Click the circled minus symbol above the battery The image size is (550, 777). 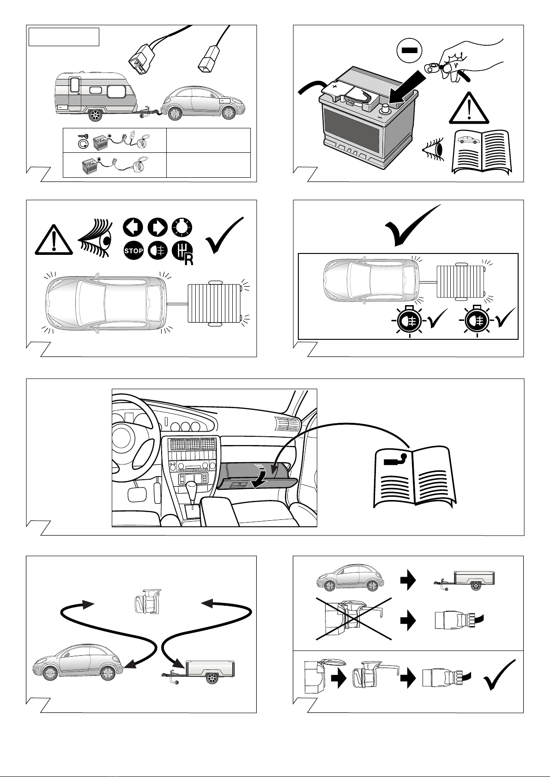pos(410,50)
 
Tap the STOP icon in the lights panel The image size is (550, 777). pos(133,250)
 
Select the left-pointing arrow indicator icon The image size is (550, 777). pos(133,228)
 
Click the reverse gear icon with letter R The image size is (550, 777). pos(182,252)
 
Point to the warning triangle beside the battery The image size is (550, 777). pos(469,108)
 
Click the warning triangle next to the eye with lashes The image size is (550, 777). pos(54,240)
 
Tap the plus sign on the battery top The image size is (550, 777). pos(334,85)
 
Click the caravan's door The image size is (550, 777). pos(75,94)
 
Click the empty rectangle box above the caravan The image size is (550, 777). pos(64,37)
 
